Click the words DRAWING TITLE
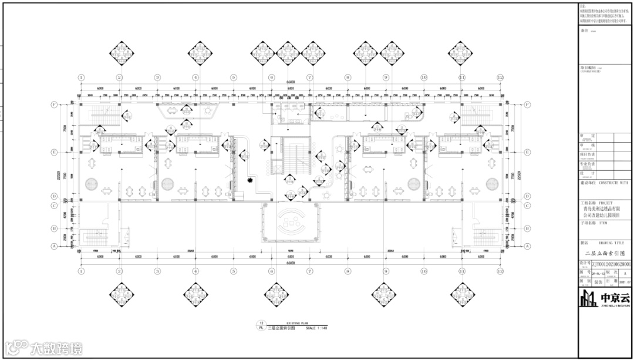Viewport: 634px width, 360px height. (611, 242)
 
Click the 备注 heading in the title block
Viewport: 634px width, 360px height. (584, 30)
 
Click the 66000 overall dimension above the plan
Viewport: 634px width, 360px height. (290, 81)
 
